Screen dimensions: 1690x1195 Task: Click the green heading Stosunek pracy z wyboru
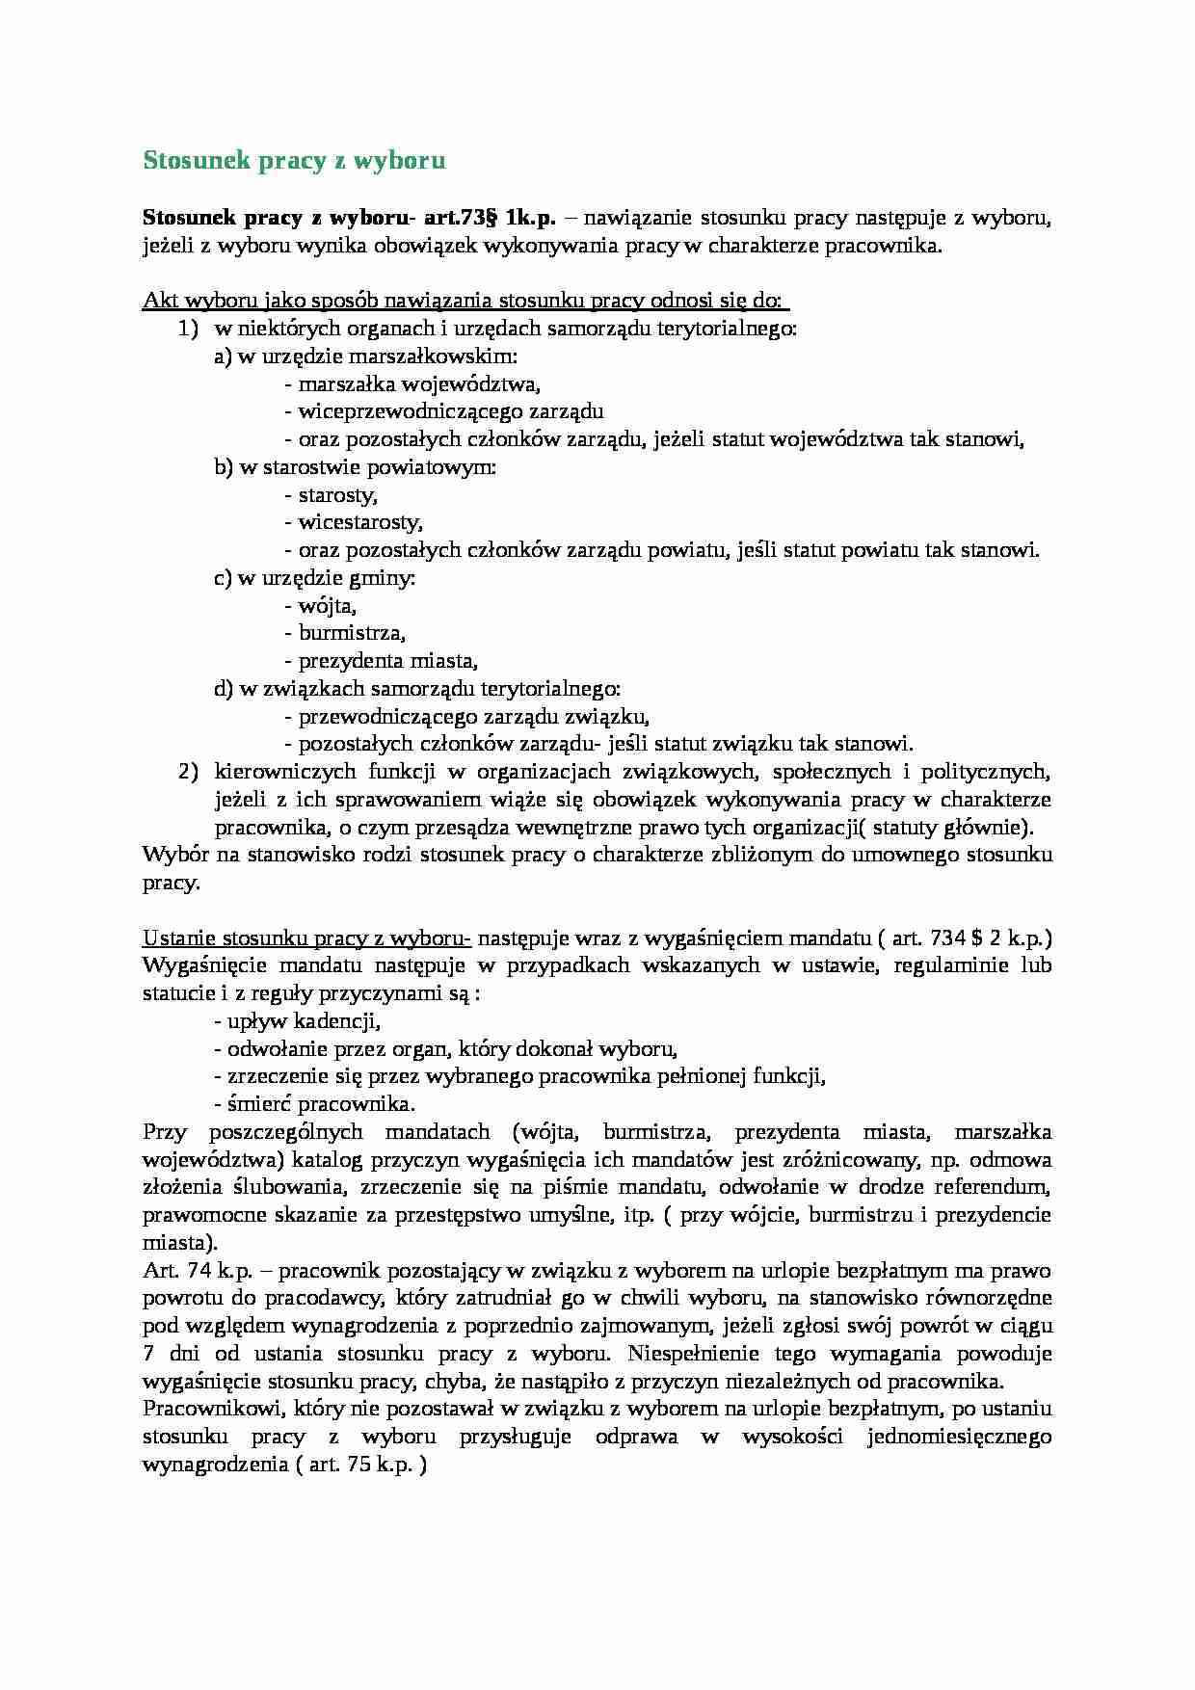tap(294, 160)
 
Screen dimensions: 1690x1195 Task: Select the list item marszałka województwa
tap(412, 384)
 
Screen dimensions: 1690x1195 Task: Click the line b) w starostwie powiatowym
tap(356, 468)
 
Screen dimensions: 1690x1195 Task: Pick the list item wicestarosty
tap(355, 523)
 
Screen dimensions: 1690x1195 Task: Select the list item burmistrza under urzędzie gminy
tap(345, 634)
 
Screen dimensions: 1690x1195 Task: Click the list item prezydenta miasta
tap(382, 662)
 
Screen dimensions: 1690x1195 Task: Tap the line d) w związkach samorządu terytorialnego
tap(417, 690)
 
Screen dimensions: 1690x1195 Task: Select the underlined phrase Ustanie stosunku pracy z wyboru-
tap(306, 938)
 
